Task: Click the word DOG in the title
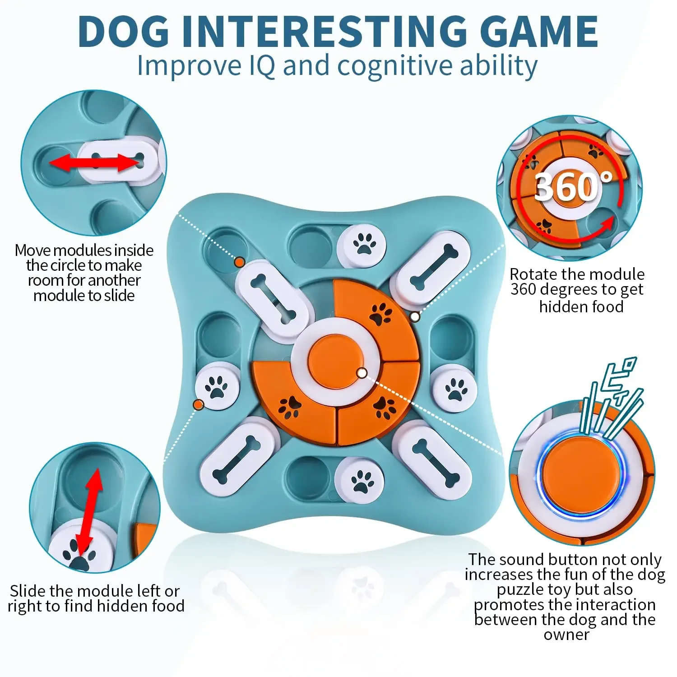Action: tap(124, 31)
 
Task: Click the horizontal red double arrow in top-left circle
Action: tap(94, 162)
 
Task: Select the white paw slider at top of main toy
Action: tap(362, 246)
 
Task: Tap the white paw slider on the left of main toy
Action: tap(217, 388)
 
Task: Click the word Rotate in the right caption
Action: tap(535, 274)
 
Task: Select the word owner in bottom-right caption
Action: tap(566, 635)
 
